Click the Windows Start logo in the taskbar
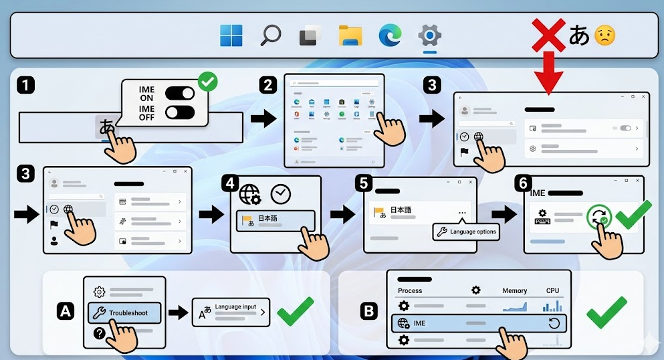231,35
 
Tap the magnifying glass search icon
270,35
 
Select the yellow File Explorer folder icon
350,35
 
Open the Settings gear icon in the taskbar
429,35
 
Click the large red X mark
548,35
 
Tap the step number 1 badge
25,85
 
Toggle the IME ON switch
181,93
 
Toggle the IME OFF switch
181,111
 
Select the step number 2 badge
268,85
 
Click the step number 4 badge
231,182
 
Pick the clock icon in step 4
281,195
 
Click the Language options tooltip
466,232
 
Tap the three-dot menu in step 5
462,213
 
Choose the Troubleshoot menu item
124,312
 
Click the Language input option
231,312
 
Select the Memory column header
515,291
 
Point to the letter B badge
368,310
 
